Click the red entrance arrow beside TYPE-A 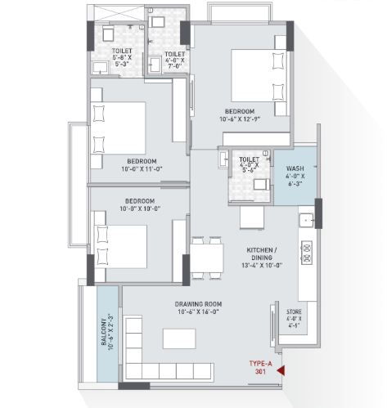[281, 370]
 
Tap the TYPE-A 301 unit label [260, 367]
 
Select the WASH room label [295, 168]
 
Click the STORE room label [294, 312]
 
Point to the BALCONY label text [104, 332]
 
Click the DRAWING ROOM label [198, 304]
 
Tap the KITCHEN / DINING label [262, 253]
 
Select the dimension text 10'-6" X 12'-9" [240, 119]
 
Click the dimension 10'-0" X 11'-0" [142, 169]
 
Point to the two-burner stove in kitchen [307, 253]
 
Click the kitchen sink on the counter [306, 220]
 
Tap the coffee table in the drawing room [179, 339]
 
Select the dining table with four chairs [207, 258]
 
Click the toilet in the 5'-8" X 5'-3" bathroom [108, 34]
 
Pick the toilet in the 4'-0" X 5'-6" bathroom [262, 185]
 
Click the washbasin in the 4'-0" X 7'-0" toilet [155, 65]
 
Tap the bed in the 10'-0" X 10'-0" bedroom [120, 247]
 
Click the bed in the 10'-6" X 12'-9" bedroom [259, 75]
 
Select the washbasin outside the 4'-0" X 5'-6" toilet [223, 158]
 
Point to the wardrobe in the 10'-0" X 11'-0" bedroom [179, 110]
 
